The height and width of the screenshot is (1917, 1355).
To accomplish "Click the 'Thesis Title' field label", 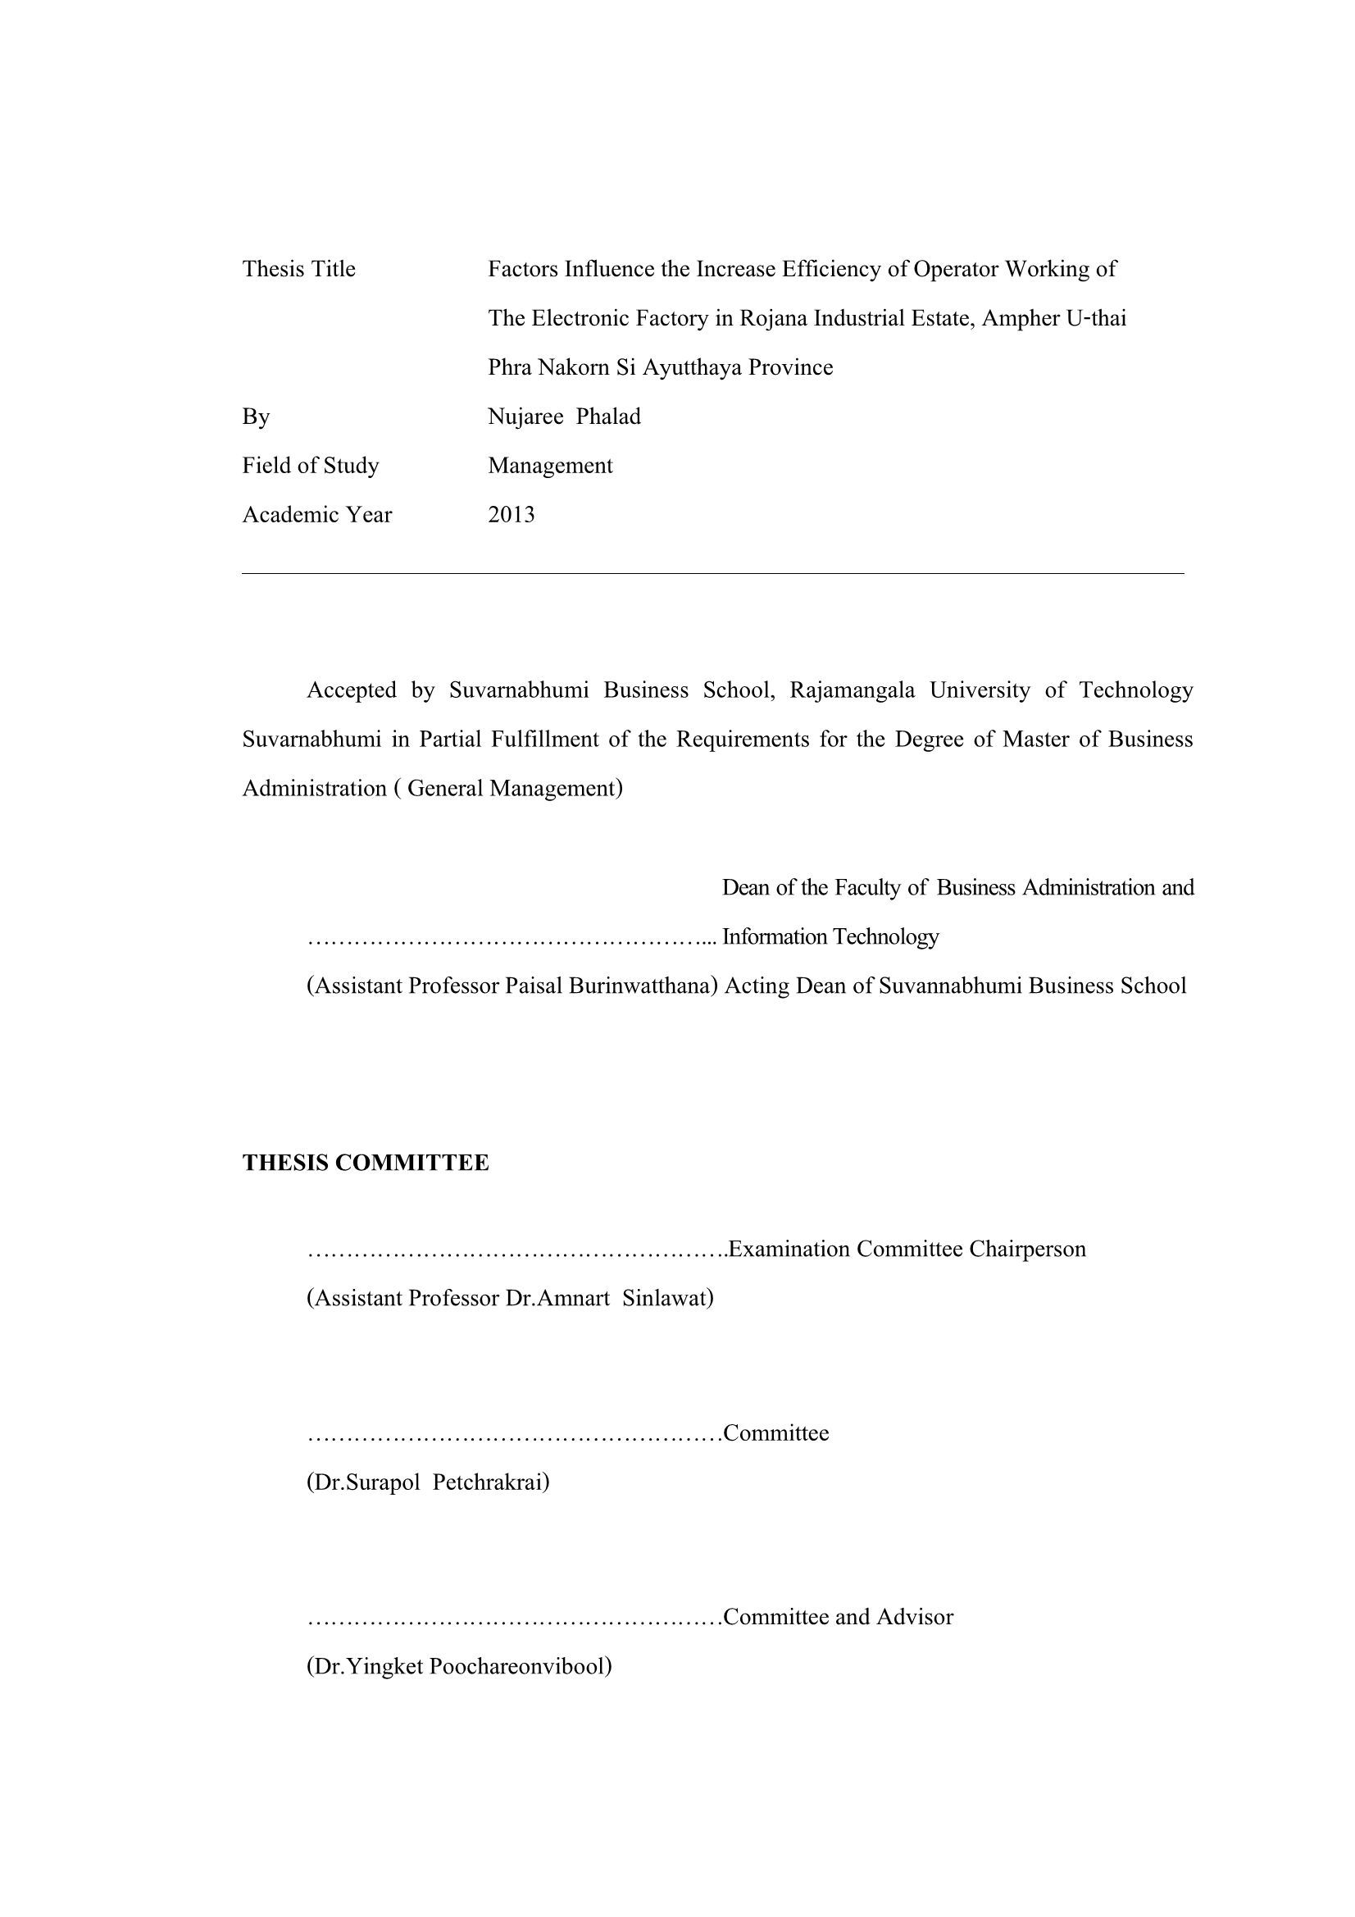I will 298,269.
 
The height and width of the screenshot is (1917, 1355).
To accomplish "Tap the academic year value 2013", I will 511,514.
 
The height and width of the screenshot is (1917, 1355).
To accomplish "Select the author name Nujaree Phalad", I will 564,416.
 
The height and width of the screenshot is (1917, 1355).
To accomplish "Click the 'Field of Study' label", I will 310,465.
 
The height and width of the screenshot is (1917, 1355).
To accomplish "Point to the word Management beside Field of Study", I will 550,465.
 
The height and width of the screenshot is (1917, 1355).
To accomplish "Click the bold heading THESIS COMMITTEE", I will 365,1162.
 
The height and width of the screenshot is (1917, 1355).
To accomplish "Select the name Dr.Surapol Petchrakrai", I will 428,1482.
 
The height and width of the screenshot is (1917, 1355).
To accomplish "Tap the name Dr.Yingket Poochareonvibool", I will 459,1665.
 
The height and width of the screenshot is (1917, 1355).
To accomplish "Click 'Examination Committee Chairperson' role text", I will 907,1249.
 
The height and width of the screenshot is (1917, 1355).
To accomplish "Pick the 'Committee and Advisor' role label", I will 839,1616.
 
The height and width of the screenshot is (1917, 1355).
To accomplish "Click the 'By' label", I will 256,416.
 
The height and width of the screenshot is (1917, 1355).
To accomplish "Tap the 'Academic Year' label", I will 316,514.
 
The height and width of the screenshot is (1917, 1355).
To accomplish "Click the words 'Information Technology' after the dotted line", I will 830,937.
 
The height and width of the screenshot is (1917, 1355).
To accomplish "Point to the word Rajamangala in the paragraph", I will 852,690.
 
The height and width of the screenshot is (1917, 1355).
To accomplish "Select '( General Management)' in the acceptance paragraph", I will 508,788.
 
